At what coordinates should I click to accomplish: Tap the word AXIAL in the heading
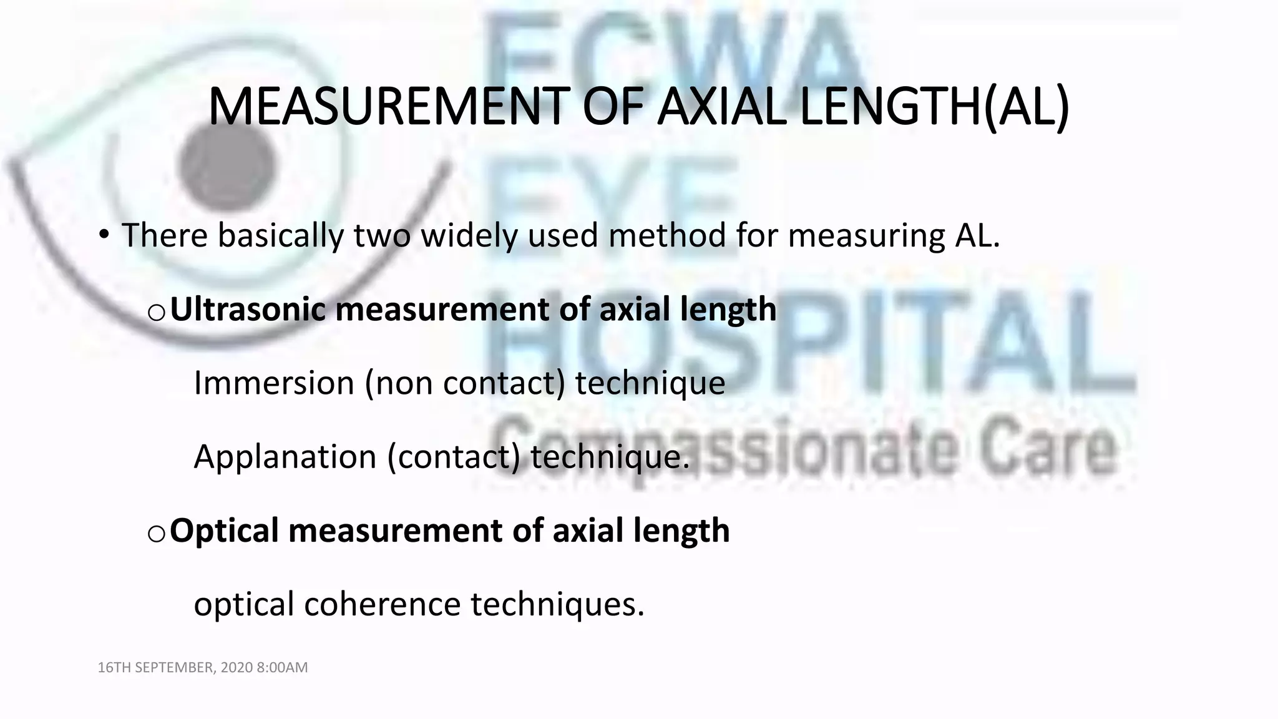click(721, 107)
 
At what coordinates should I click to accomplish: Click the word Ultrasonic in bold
click(248, 310)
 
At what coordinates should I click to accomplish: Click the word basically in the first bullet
click(280, 236)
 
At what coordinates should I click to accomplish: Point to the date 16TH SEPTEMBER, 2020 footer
click(175, 668)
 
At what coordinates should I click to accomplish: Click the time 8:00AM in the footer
click(282, 668)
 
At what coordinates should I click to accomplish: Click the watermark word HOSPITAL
click(811, 343)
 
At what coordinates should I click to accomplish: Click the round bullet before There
click(104, 236)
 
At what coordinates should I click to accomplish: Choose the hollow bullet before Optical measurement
click(156, 533)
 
